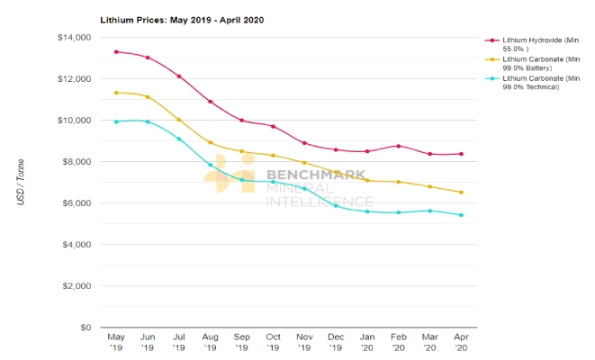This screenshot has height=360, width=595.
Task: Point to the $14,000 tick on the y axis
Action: tap(74, 38)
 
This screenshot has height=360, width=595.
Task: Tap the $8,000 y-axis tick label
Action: tap(76, 162)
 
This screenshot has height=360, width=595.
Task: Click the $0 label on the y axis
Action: tap(86, 328)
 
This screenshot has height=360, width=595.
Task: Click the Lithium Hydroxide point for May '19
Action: tap(116, 52)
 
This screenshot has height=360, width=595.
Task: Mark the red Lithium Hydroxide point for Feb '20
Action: tap(399, 146)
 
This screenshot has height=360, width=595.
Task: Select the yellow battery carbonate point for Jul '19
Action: tap(179, 120)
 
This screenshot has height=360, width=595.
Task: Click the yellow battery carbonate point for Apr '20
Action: tap(461, 193)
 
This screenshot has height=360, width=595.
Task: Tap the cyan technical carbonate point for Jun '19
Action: tap(148, 121)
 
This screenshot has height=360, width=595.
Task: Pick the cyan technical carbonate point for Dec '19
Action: tap(336, 205)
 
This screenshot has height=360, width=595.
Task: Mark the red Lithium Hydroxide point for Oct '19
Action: tap(273, 126)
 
